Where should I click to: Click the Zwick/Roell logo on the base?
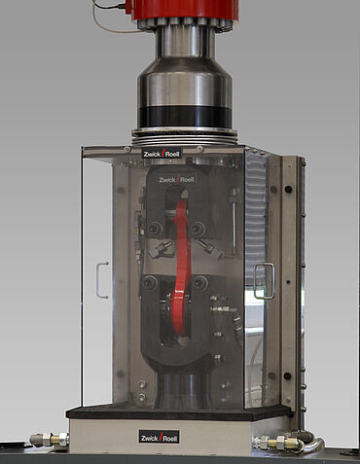(x=159, y=437)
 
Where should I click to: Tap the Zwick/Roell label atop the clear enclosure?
(x=162, y=153)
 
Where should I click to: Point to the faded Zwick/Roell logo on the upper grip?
(x=177, y=179)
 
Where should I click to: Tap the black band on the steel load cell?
(x=185, y=117)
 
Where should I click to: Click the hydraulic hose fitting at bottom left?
(x=50, y=440)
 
